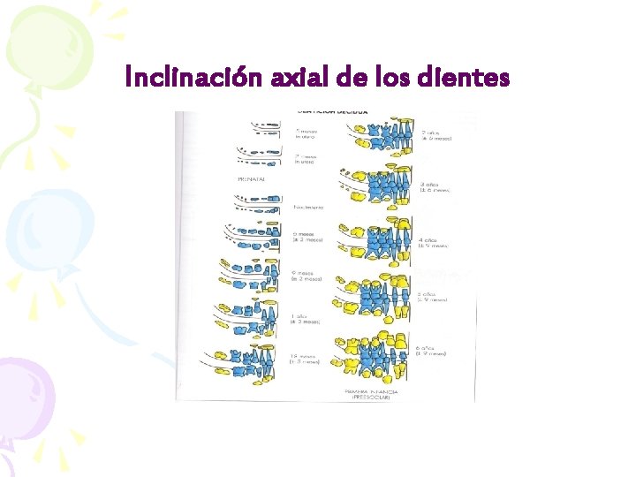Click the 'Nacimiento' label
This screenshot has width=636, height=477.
coord(308,208)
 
